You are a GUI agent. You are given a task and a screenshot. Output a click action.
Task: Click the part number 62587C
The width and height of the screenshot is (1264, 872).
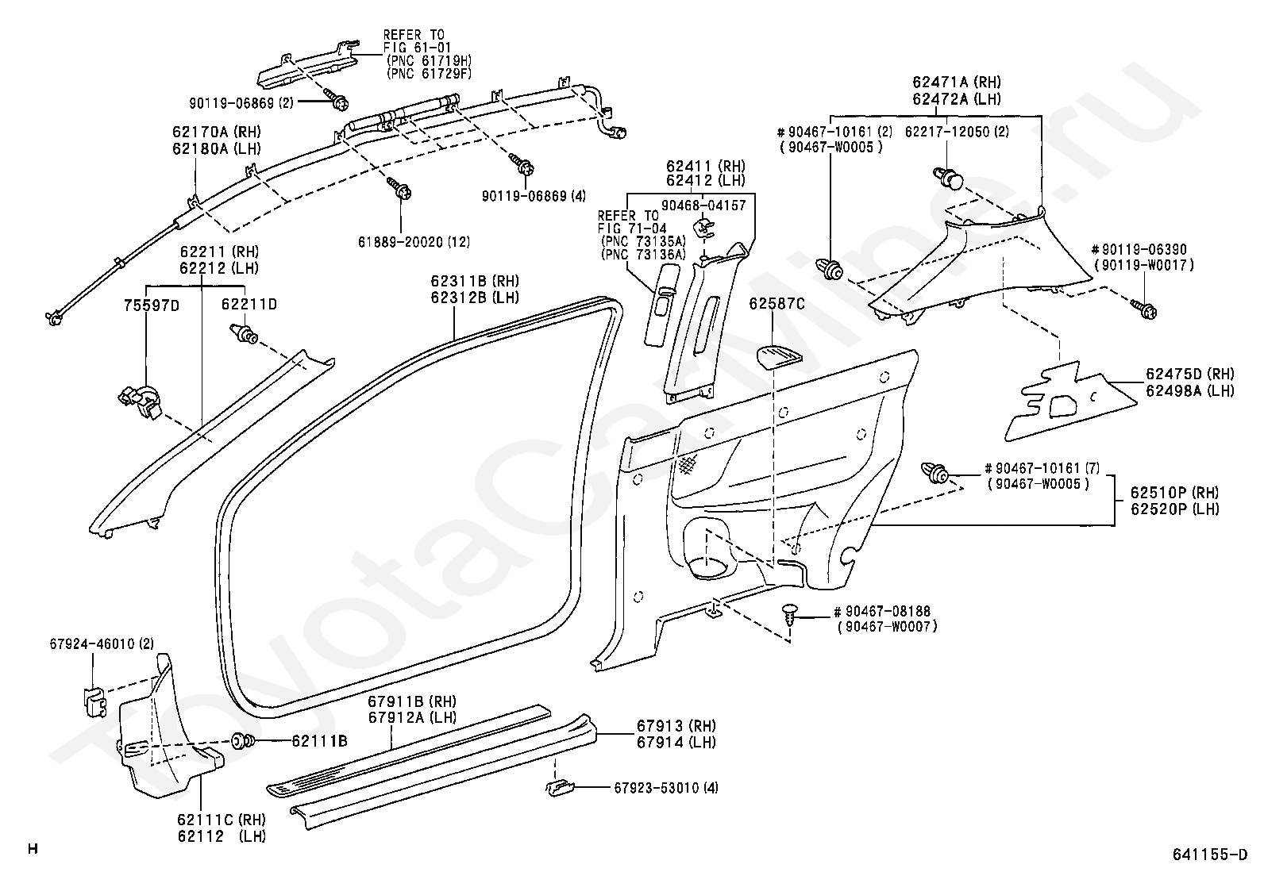[x=777, y=304]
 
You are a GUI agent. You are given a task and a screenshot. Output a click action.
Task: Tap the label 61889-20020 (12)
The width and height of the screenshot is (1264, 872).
[x=414, y=242]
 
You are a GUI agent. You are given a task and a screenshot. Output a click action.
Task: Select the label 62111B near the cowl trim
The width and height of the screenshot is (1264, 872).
[x=319, y=740]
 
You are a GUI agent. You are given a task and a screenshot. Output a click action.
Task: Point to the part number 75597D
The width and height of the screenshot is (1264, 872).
[x=151, y=305]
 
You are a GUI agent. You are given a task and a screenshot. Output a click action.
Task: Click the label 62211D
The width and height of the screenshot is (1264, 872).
[x=249, y=305]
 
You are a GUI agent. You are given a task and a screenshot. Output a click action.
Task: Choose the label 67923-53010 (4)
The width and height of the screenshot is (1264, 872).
[x=666, y=788]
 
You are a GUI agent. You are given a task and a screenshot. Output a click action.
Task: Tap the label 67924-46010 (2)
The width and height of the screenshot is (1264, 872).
[x=102, y=643]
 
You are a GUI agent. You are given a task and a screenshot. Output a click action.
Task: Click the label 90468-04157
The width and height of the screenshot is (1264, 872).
[x=703, y=206]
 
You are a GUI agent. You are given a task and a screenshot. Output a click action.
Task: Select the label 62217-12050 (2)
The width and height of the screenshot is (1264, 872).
[x=957, y=132]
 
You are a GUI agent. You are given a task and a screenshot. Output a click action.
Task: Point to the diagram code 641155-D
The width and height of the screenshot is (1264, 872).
[x=1210, y=855]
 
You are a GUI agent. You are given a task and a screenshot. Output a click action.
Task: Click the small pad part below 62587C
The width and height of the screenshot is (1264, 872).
[x=779, y=357]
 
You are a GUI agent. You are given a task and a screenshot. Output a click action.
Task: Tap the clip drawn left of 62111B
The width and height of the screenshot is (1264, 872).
[x=243, y=740]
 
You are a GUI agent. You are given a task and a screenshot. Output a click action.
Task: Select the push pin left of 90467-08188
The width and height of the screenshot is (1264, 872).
[x=791, y=616]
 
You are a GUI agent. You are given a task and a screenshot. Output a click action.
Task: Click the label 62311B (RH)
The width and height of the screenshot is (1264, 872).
[x=475, y=281]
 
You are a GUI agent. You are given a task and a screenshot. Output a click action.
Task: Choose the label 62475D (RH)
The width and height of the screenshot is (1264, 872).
[x=1190, y=374]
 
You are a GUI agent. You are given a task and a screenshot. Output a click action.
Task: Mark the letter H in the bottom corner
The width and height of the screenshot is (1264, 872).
[x=33, y=849]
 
